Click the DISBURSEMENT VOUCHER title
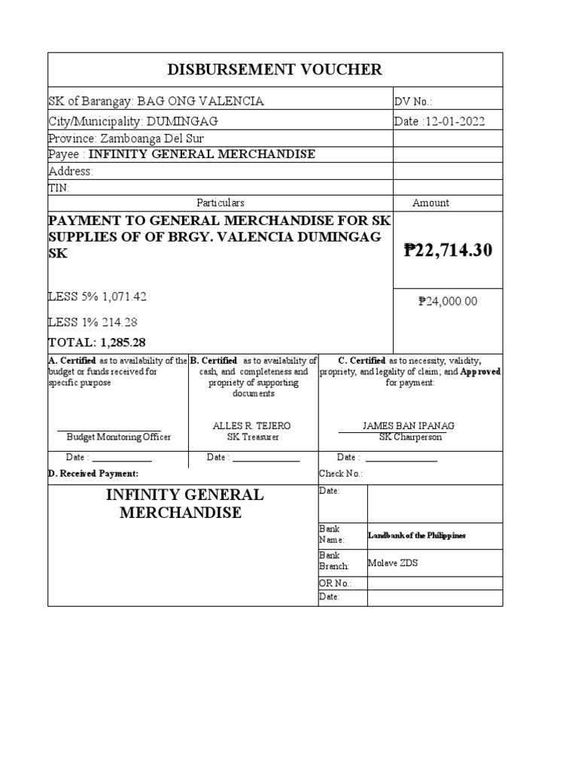275,70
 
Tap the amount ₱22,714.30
448,250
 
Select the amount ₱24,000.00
448,302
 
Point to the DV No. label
413,102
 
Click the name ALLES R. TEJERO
252,425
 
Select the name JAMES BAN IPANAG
409,425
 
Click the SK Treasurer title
252,437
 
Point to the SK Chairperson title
409,437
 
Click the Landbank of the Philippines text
417,535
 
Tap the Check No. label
341,474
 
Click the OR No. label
335,584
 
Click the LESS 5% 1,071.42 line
97,297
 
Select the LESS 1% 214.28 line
93,322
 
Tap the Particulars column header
221,203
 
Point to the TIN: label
59,187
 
